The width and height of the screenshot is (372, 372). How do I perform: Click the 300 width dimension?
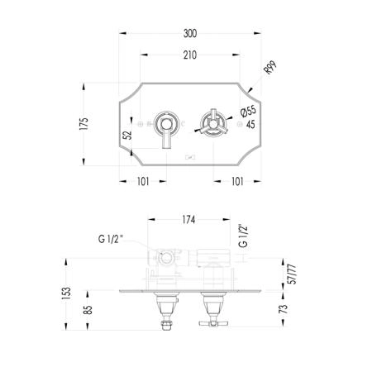point(190,34)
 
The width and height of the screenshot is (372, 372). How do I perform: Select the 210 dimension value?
point(190,55)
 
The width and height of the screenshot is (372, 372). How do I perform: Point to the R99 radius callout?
point(270,68)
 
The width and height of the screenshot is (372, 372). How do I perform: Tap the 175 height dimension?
point(83,124)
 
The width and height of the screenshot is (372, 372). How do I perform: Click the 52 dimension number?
point(127,135)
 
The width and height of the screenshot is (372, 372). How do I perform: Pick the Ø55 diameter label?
point(248,112)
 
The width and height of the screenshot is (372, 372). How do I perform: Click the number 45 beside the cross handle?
point(250,125)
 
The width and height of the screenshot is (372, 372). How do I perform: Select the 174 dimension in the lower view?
point(188,220)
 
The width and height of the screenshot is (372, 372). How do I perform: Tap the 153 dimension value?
point(66,293)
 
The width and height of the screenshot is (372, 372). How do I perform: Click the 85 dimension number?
point(88,310)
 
